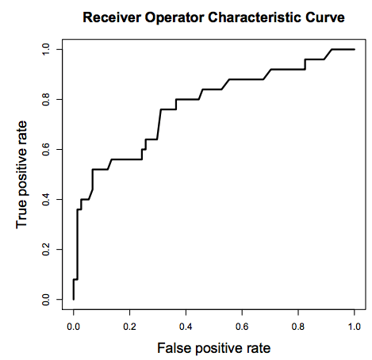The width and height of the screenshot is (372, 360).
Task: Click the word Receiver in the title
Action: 112,17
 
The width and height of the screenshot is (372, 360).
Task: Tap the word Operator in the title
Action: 174,18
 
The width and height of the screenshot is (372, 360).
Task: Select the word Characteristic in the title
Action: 255,17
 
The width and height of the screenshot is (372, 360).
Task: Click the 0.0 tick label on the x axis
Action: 74,327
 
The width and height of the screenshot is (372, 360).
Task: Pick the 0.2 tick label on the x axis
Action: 129,327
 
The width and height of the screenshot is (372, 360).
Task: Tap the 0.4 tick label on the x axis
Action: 186,327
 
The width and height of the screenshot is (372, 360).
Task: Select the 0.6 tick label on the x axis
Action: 242,327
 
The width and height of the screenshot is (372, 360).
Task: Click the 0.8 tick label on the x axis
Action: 298,327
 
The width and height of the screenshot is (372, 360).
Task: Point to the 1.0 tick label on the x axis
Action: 355,327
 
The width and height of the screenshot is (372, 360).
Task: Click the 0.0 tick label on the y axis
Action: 46,299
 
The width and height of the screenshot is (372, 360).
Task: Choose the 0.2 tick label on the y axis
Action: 46,249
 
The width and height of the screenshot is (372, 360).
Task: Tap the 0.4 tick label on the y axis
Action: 46,199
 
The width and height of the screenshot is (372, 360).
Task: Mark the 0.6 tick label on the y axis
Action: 46,149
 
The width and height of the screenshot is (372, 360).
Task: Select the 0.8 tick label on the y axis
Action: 46,99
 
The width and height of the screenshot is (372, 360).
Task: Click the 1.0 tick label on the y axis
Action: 46,49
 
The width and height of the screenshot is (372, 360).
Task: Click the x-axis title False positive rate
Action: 214,348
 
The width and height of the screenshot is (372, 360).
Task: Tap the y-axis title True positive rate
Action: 21,174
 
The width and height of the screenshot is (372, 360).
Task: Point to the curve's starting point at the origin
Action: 74,299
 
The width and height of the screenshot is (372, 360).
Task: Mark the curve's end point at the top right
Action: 355,49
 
